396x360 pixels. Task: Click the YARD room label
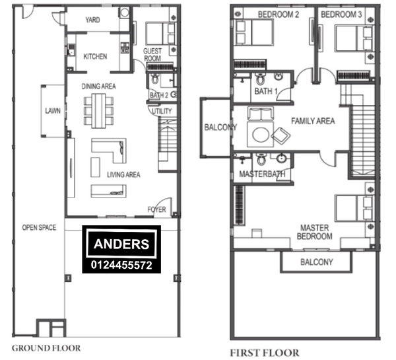pyautogui.click(x=92, y=20)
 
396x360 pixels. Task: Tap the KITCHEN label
pyautogui.click(x=95, y=56)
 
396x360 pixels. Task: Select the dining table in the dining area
pyautogui.click(x=98, y=111)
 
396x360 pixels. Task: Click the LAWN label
pyautogui.click(x=53, y=110)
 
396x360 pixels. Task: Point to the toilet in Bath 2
pyautogui.click(x=155, y=79)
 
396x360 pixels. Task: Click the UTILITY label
pyautogui.click(x=162, y=111)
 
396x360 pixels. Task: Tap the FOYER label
pyautogui.click(x=157, y=209)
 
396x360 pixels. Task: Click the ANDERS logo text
pyautogui.click(x=121, y=244)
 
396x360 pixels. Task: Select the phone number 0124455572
pyautogui.click(x=121, y=265)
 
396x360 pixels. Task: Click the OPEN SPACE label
pyautogui.click(x=39, y=227)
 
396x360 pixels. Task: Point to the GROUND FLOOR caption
pyautogui.click(x=46, y=348)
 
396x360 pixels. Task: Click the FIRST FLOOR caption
pyautogui.click(x=265, y=353)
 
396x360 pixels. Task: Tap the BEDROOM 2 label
pyautogui.click(x=279, y=15)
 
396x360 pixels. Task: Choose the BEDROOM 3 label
pyautogui.click(x=341, y=15)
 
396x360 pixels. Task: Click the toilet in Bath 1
pyautogui.click(x=260, y=79)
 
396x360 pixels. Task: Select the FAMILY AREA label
pyautogui.click(x=313, y=121)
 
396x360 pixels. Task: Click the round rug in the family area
pyautogui.click(x=261, y=135)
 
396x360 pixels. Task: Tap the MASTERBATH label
pyautogui.click(x=262, y=174)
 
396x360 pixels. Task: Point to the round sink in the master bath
pyautogui.click(x=281, y=159)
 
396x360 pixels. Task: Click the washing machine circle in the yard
pyautogui.click(x=125, y=13)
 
